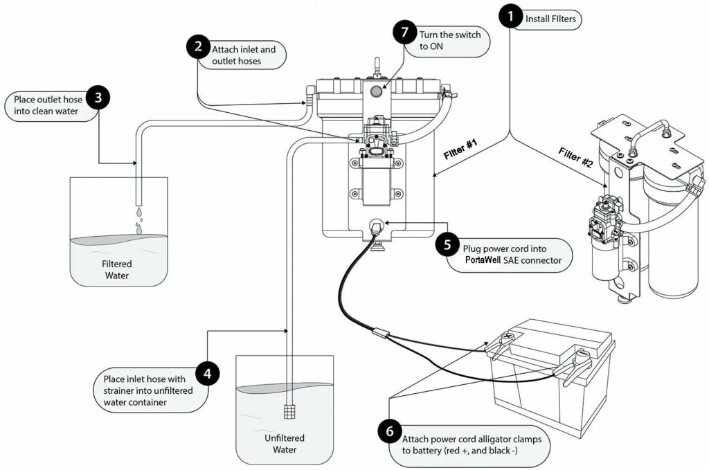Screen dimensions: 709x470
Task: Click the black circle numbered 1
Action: pyautogui.click(x=511, y=17)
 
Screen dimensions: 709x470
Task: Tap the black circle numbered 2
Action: pyautogui.click(x=199, y=46)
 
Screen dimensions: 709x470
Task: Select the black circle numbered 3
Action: pyautogui.click(x=98, y=98)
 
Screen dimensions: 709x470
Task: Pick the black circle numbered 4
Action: pyautogui.click(x=208, y=374)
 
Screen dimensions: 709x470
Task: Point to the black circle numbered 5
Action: pyautogui.click(x=447, y=245)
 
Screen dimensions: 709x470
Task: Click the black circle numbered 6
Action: pyautogui.click(x=390, y=432)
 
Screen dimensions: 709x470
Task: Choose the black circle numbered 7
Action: pyautogui.click(x=404, y=32)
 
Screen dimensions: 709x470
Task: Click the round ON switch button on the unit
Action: pyautogui.click(x=376, y=92)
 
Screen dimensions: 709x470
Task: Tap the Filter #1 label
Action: pyautogui.click(x=460, y=149)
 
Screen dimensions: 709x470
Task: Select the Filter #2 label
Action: pyautogui.click(x=575, y=157)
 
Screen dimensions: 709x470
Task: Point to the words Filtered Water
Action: pyautogui.click(x=116, y=270)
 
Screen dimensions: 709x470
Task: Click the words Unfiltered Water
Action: pyautogui.click(x=285, y=444)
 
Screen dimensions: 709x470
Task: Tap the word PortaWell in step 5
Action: pyautogui.click(x=483, y=260)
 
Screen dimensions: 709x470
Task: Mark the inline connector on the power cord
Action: pyautogui.click(x=381, y=333)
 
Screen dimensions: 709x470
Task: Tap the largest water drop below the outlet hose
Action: pyautogui.click(x=138, y=230)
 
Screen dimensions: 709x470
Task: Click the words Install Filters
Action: pyautogui.click(x=550, y=19)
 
